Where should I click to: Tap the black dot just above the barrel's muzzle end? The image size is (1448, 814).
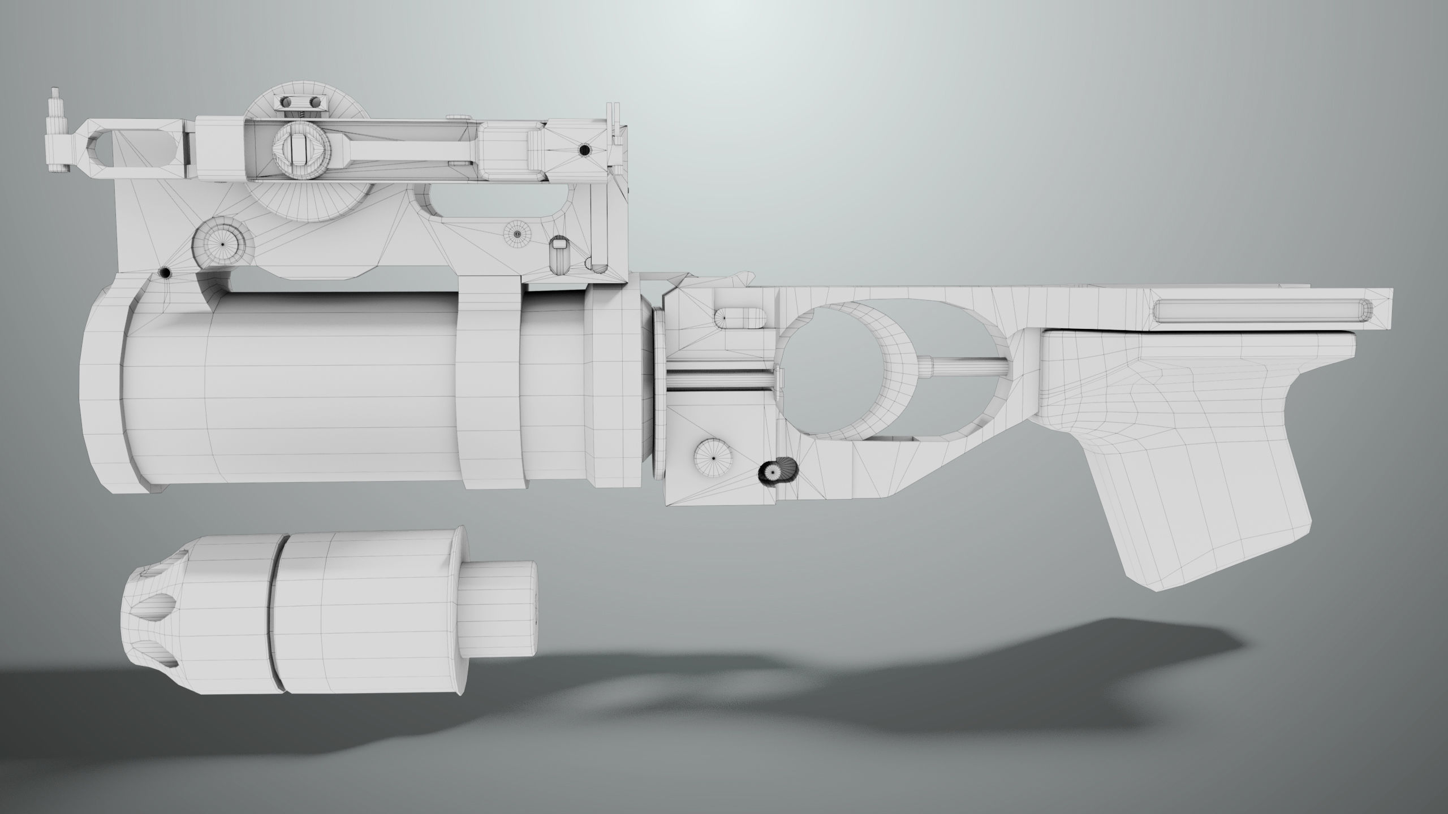point(165,273)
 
